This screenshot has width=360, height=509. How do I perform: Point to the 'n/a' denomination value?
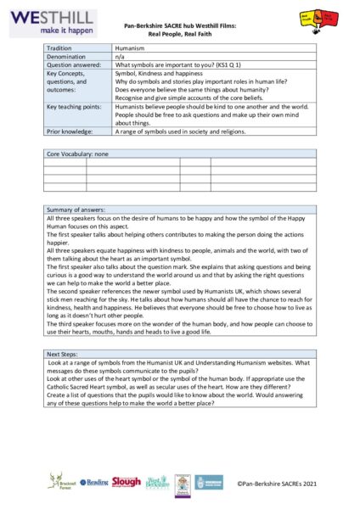tap(121, 56)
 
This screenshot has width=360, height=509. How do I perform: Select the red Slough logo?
tap(127, 481)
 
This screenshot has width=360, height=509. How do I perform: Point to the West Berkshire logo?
tap(157, 482)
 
